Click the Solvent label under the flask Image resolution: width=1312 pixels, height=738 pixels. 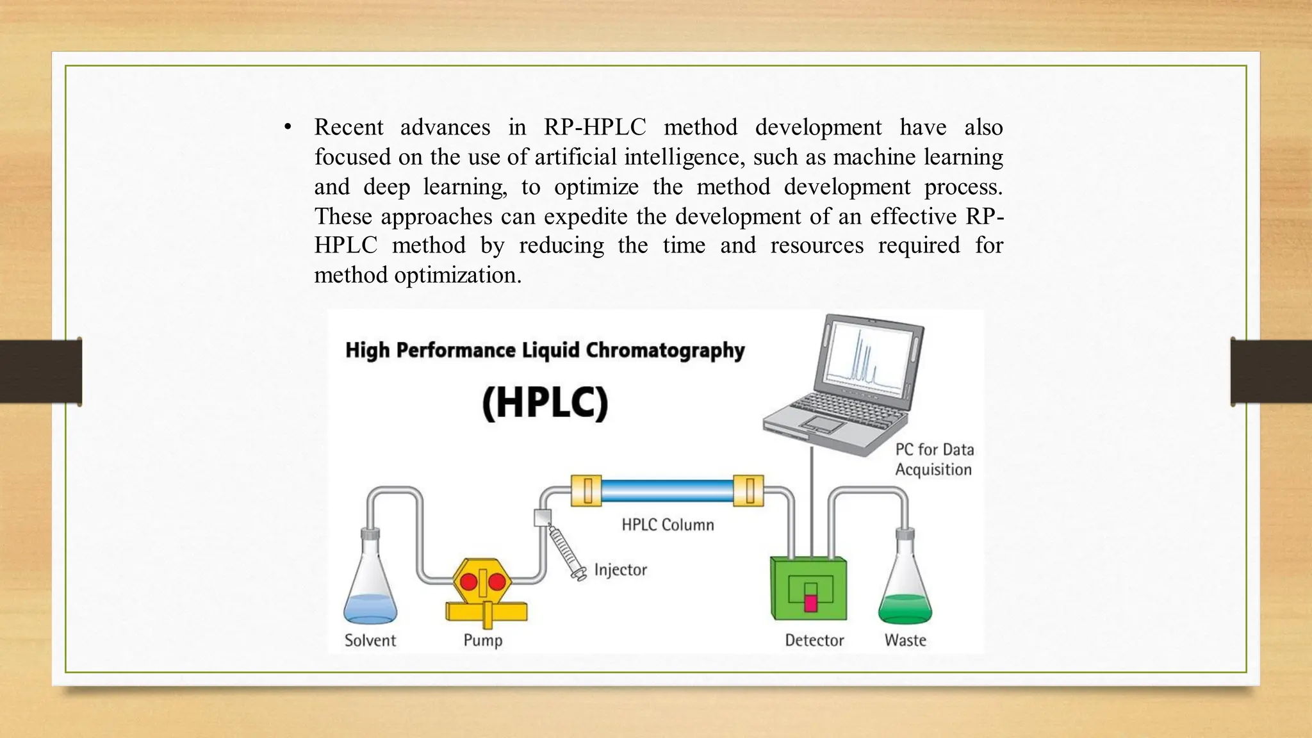pyautogui.click(x=370, y=640)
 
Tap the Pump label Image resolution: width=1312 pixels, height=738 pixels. pyautogui.click(x=483, y=640)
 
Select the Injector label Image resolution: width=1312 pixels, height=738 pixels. pyautogui.click(x=620, y=570)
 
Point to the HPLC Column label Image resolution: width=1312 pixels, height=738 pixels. pyautogui.click(x=668, y=525)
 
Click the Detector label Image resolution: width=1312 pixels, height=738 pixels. pyautogui.click(x=814, y=640)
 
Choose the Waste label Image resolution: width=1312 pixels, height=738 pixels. pyautogui.click(x=905, y=640)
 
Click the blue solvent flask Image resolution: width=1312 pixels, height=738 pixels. pyautogui.click(x=370, y=589)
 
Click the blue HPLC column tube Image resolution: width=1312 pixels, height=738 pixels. pyautogui.click(x=667, y=491)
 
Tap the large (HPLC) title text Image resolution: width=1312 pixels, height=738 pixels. pyautogui.click(x=545, y=403)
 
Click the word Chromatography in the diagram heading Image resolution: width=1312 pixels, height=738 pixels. pyautogui.click(x=665, y=350)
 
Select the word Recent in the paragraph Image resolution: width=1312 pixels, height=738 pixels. pyautogui.click(x=348, y=127)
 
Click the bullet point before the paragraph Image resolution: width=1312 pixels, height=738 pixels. pyautogui.click(x=288, y=127)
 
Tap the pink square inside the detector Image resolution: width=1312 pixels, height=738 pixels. pyautogui.click(x=810, y=603)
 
